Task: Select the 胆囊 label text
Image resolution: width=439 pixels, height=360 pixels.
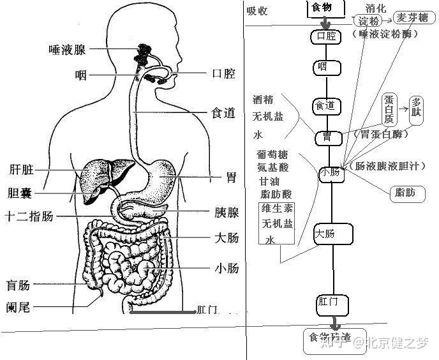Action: [x=20, y=193]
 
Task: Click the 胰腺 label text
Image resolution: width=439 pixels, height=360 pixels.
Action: [x=227, y=213]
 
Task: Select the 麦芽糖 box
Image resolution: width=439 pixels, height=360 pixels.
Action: [x=412, y=17]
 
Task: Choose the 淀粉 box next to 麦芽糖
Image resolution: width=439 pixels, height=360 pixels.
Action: [x=368, y=21]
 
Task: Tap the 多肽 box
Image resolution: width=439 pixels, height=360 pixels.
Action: [x=417, y=107]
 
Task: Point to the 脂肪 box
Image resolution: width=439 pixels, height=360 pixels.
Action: [x=406, y=191]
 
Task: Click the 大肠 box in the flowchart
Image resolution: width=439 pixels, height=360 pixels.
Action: [x=334, y=234]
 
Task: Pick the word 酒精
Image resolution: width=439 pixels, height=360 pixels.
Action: [x=264, y=100]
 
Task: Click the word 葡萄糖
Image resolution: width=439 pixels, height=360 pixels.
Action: [x=272, y=155]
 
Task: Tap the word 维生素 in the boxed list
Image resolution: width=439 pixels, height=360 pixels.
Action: [x=277, y=209]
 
